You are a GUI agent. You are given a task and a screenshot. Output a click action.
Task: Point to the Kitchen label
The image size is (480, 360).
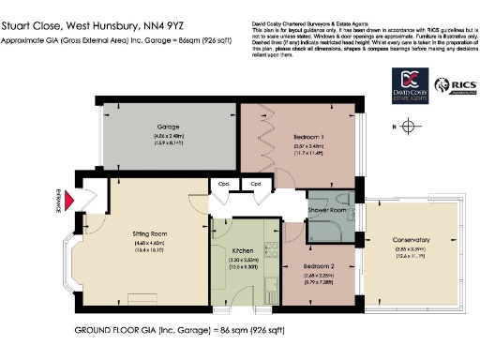(x=246, y=251)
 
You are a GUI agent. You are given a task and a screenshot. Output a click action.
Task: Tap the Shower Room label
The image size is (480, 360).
(x=327, y=211)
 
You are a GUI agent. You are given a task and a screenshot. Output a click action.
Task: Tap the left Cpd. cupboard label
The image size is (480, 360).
(x=222, y=184)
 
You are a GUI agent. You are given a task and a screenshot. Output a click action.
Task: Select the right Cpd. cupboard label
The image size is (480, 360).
(x=253, y=184)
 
